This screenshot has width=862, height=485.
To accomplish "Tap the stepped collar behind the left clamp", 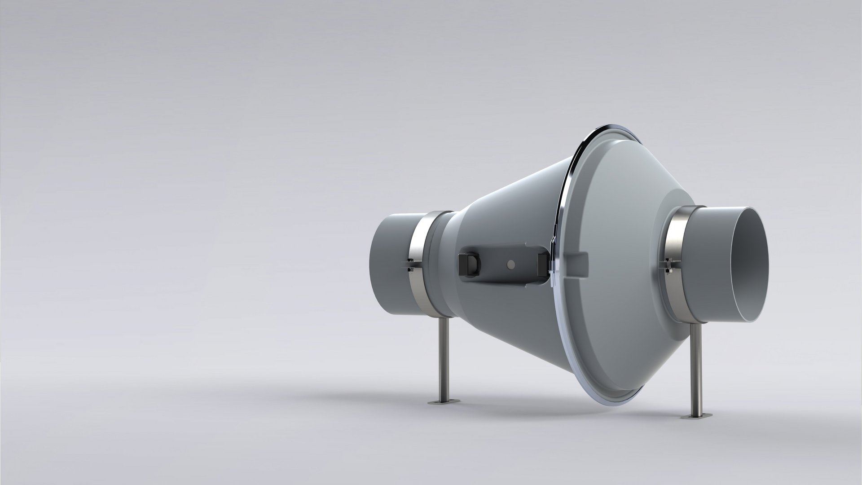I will coord(442,265).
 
